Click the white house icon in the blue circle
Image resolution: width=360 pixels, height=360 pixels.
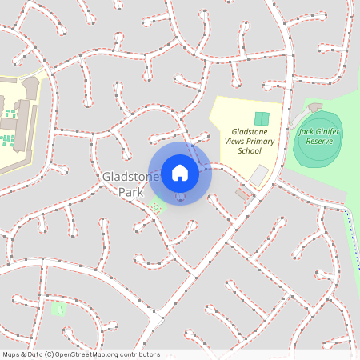point(180,172)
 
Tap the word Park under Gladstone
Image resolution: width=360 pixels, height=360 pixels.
point(130,193)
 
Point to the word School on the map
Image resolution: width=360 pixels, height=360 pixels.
point(249,150)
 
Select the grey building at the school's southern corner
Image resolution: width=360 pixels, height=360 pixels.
point(258,174)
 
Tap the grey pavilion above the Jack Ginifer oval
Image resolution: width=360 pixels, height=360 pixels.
point(312,108)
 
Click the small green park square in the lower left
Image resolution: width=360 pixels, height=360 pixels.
point(57,309)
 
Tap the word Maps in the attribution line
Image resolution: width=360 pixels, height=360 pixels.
point(12,354)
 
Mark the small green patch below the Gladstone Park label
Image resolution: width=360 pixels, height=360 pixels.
point(156,206)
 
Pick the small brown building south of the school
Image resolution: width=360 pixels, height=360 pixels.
point(242,194)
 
